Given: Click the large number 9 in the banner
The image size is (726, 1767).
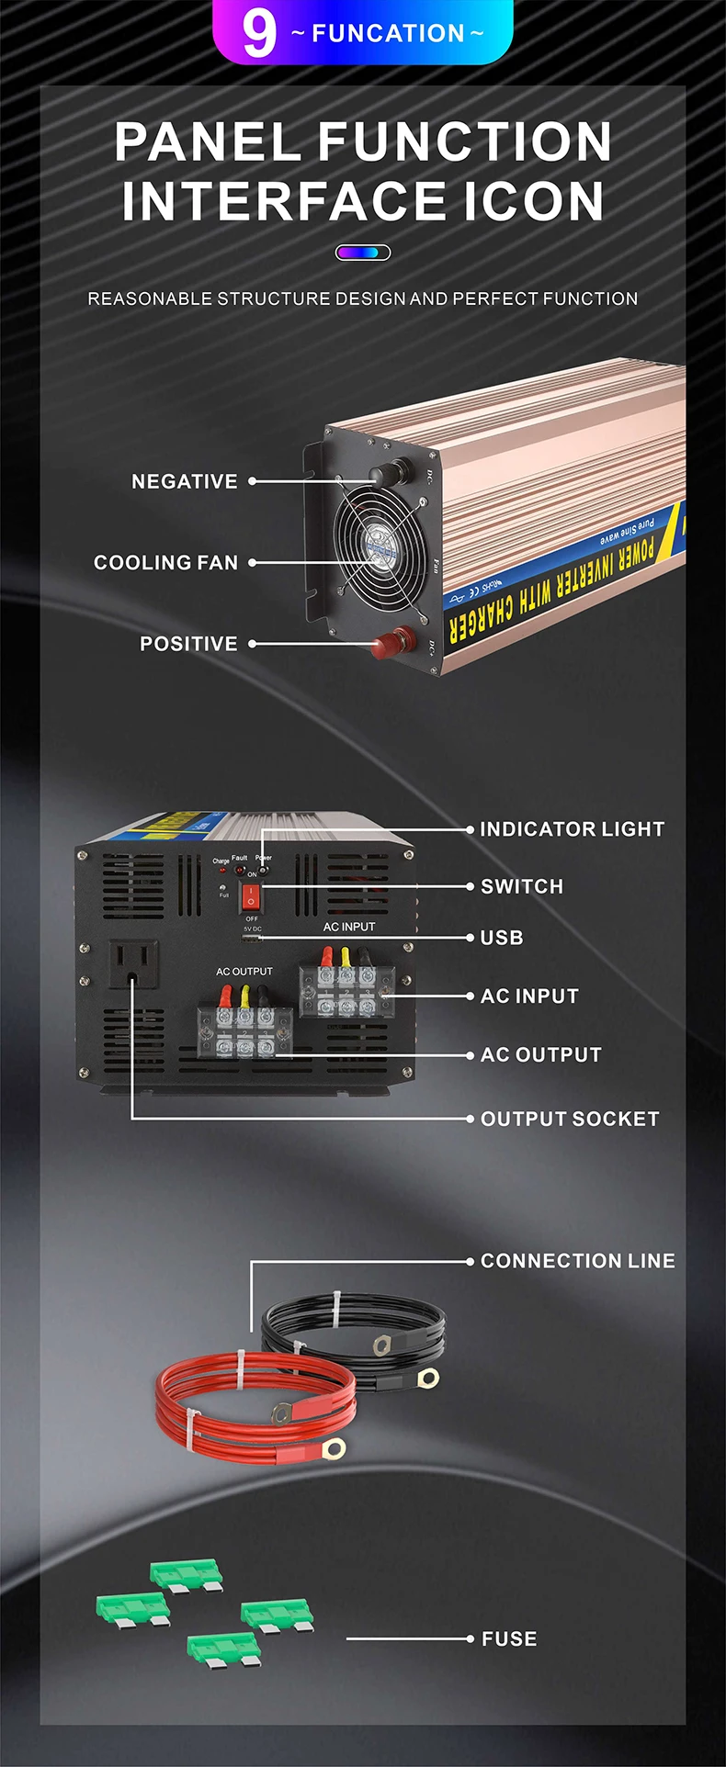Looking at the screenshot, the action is click(x=258, y=33).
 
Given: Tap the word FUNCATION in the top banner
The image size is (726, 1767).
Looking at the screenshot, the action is click(x=388, y=34).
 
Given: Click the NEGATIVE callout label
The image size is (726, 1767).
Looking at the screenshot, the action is click(x=185, y=481).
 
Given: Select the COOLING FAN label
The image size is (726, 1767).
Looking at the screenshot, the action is click(x=166, y=562).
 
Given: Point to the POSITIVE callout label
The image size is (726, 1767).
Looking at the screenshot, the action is click(x=188, y=644).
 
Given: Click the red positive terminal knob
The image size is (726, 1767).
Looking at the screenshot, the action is click(x=402, y=638).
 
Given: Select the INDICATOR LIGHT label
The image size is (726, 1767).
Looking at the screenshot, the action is click(x=572, y=829).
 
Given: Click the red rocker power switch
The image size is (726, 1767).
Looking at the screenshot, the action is click(x=250, y=896).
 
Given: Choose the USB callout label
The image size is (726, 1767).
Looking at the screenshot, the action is click(x=502, y=938).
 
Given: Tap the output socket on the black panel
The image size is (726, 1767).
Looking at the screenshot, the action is click(x=134, y=963).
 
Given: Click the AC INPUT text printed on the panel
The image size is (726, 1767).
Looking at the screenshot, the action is click(x=349, y=927).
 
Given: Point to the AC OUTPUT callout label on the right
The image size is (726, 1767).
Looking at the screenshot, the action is click(x=541, y=1054).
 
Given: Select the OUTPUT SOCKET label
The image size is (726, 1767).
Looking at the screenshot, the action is click(x=570, y=1119).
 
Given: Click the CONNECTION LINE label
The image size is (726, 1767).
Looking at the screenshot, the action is click(x=578, y=1261).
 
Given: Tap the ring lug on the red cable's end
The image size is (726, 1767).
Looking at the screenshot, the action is click(x=334, y=1449).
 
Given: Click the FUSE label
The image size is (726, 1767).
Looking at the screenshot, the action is click(x=509, y=1638).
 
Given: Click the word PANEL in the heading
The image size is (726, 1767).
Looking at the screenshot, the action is click(x=208, y=142).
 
